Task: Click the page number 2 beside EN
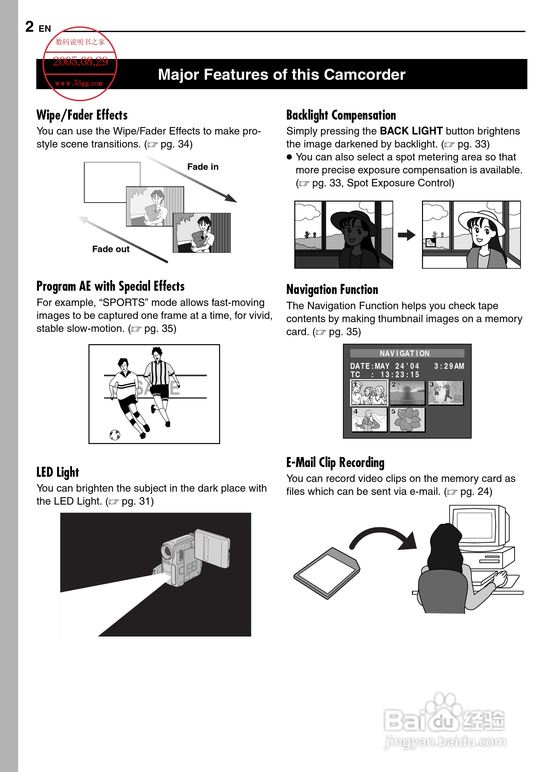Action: [x=29, y=27]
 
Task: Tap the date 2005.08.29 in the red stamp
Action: [x=80, y=62]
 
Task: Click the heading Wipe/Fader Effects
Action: [x=82, y=115]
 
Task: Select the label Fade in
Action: [x=203, y=167]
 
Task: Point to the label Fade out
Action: [x=111, y=249]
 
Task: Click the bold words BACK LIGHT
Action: [x=411, y=131]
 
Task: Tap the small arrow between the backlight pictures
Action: [x=406, y=235]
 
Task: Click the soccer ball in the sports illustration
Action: [x=115, y=435]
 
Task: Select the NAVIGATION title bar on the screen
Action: [x=407, y=353]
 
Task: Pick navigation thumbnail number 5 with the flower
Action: [x=407, y=420]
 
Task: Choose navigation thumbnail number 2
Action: [x=407, y=393]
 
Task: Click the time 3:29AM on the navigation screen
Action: [x=449, y=366]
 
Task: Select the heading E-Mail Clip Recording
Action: [x=335, y=462]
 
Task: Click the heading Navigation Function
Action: [x=332, y=289]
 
